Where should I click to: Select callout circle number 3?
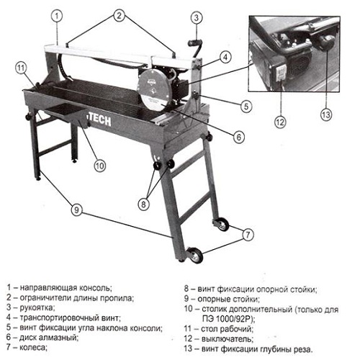tap(197, 17)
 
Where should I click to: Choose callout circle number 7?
tap(248, 234)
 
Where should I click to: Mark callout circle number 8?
tap(144, 203)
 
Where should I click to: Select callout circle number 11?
tap(22, 69)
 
